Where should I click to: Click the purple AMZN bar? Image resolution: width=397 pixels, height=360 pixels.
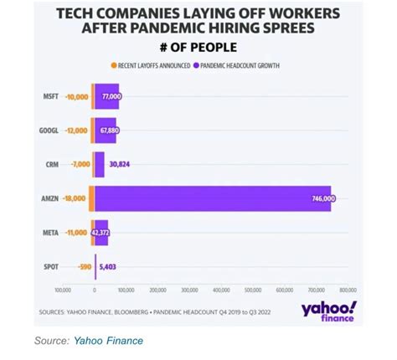[x=209, y=198]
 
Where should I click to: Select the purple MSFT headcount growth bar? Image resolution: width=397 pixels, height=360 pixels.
[x=106, y=97]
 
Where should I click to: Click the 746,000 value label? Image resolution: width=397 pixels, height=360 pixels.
[x=322, y=199]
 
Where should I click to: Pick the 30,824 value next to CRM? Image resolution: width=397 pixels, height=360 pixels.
[x=119, y=165]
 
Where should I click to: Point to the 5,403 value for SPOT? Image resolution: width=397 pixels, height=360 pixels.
[x=109, y=267]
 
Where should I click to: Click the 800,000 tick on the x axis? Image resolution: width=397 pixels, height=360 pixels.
[x=348, y=290]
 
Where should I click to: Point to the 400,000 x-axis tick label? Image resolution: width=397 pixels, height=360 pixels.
[x=221, y=290]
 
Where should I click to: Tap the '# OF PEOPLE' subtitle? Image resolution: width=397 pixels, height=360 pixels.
[x=198, y=47]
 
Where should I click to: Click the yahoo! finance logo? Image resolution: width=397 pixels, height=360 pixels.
[x=328, y=311]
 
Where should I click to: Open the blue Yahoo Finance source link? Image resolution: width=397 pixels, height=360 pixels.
[x=108, y=341]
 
